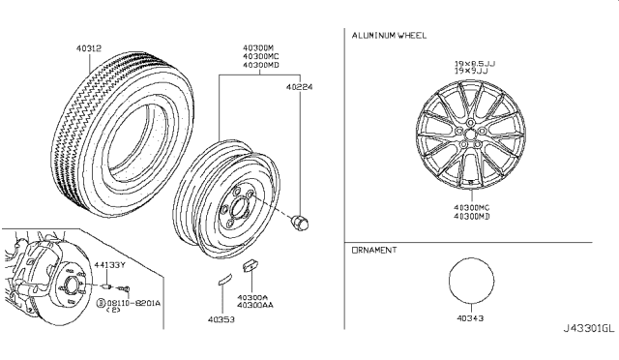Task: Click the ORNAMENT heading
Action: tap(376, 250)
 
